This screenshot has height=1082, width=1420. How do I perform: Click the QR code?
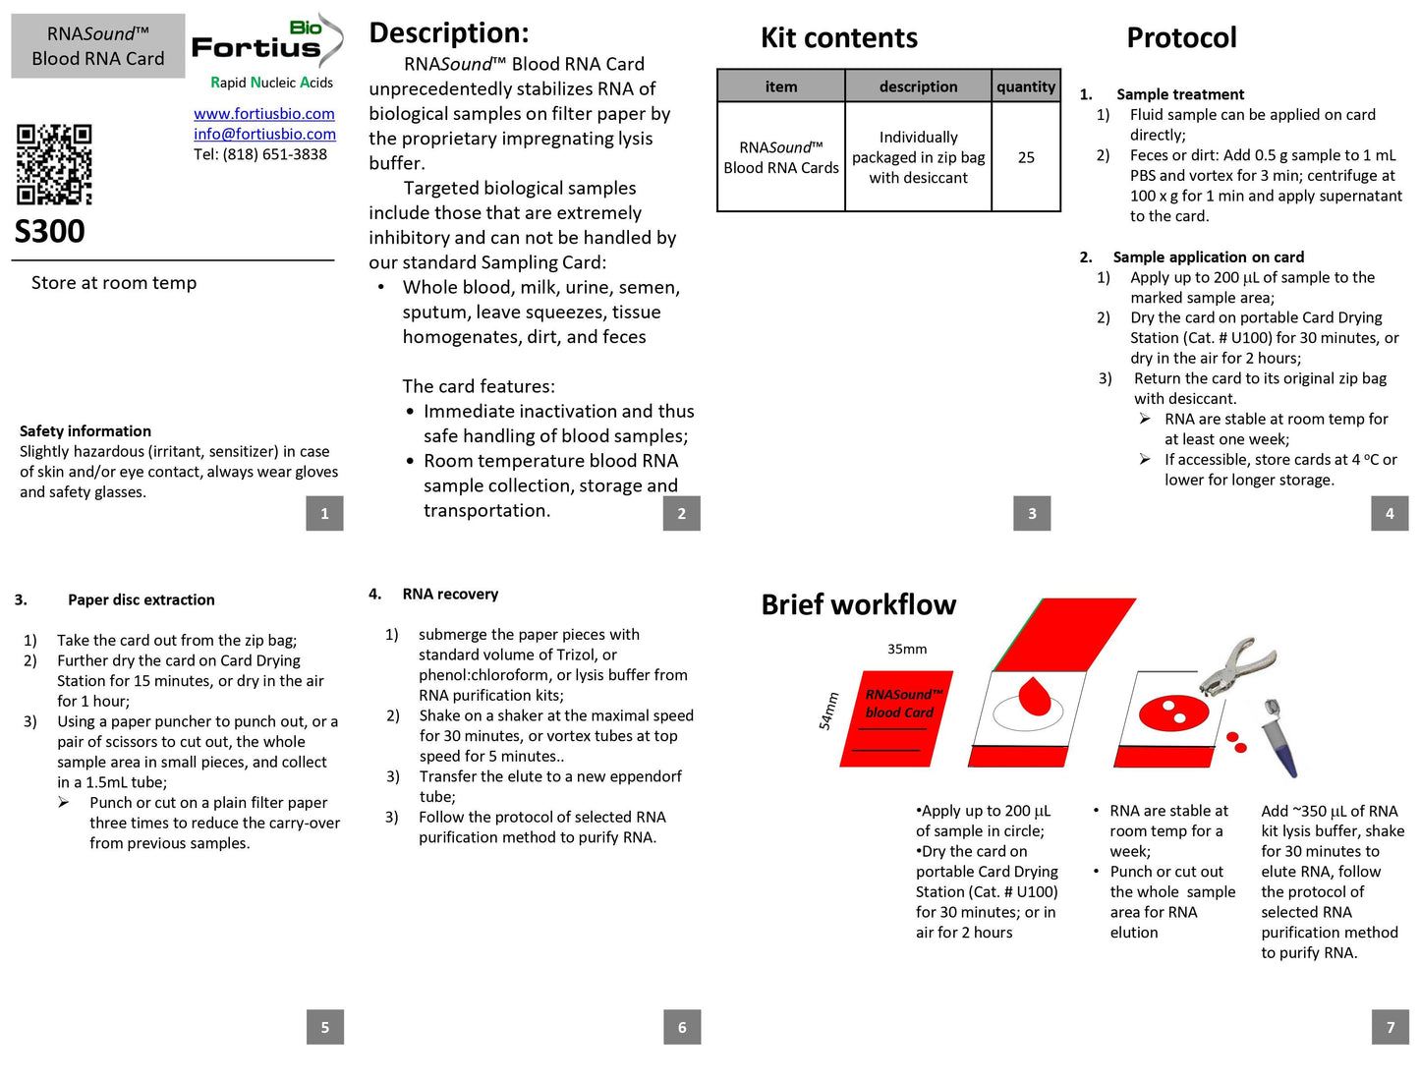tap(54, 164)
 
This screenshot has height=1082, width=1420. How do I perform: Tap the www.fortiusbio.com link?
tap(263, 114)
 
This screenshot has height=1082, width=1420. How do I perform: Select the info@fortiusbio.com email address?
tap(264, 135)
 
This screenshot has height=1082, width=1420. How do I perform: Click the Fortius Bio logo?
tap(266, 45)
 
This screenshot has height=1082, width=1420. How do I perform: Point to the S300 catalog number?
tap(49, 232)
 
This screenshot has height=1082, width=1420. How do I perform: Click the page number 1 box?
tap(324, 514)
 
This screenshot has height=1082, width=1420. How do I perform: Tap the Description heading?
tap(449, 33)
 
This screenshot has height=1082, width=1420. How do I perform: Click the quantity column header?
tap(1025, 86)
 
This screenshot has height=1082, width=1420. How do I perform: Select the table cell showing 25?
tap(1025, 157)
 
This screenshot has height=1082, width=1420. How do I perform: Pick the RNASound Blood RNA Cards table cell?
tap(781, 157)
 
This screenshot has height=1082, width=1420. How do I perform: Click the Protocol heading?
tap(1181, 38)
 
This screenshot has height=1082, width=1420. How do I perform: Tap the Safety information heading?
tap(85, 431)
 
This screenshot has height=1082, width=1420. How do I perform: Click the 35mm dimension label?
tap(907, 650)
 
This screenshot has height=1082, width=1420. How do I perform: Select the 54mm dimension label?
tap(828, 712)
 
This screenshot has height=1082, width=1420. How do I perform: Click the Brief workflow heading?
tap(858, 605)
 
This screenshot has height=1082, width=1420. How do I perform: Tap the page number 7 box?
tap(1390, 1027)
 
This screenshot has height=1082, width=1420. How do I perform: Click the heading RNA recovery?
tap(450, 595)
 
